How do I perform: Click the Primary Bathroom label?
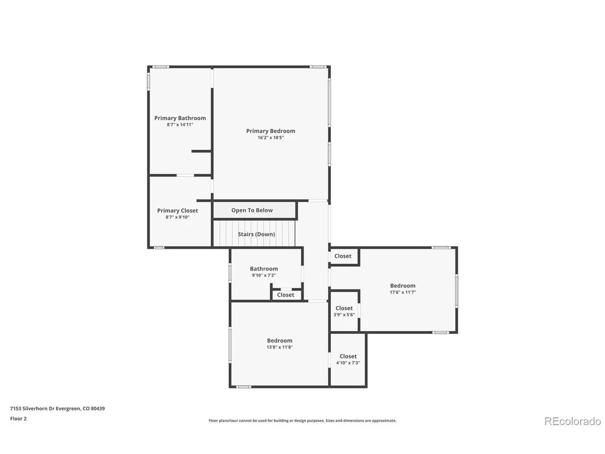point(180,118)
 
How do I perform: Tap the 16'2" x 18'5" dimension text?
point(270,138)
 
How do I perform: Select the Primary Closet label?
point(177,211)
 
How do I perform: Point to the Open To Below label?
point(252,210)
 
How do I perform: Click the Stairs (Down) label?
point(256,234)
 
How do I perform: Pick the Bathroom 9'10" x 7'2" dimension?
point(264,275)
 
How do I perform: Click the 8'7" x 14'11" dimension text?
point(180,125)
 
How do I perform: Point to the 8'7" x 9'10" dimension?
point(177,217)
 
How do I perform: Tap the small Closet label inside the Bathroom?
point(286,295)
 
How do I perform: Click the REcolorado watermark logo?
point(572,421)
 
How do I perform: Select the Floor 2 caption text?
point(18,418)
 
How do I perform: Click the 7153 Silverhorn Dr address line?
point(57,409)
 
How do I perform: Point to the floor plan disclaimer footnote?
point(302,421)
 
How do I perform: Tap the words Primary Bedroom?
point(270,131)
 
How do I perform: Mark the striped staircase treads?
point(254,233)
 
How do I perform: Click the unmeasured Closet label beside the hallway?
point(342,256)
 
